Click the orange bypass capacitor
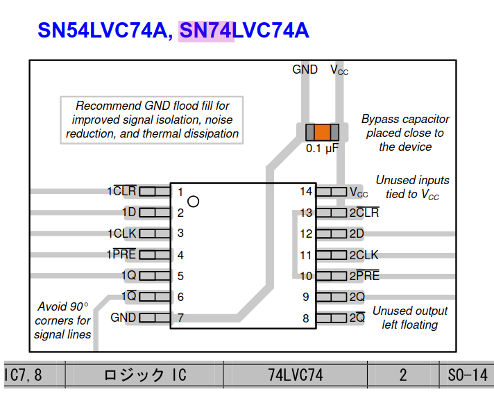click(322, 132)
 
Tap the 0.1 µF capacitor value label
click(322, 148)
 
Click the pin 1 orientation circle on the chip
click(194, 202)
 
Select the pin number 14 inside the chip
click(306, 192)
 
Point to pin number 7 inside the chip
click(180, 318)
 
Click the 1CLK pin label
click(121, 234)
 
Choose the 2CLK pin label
click(364, 255)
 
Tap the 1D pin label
click(128, 213)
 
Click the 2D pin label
click(357, 234)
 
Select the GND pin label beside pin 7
click(123, 318)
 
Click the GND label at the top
click(305, 69)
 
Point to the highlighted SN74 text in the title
click(206, 31)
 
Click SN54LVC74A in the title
click(102, 31)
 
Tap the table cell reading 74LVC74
click(296, 375)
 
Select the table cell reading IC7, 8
click(24, 375)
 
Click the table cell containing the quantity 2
click(403, 375)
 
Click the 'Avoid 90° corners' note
click(62, 320)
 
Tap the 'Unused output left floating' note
click(410, 318)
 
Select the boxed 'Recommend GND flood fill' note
click(152, 120)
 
